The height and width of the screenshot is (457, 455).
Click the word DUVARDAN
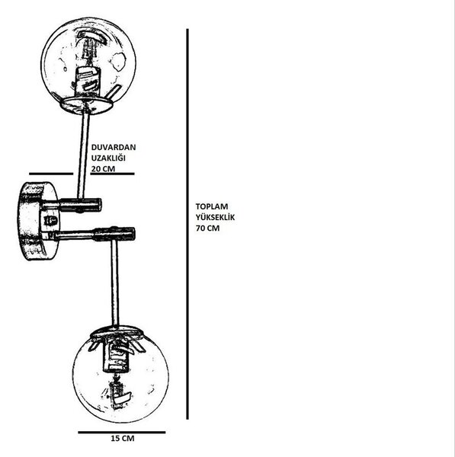[114, 147]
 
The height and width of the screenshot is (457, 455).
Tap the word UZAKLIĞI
[108, 158]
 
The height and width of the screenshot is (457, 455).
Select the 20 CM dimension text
[103, 169]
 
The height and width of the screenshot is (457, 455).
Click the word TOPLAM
[212, 206]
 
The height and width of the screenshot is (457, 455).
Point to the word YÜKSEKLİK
[215, 217]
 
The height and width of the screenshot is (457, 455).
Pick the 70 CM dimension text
[207, 228]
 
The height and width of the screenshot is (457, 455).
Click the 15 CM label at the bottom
[123, 439]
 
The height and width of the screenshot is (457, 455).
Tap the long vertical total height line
[187, 224]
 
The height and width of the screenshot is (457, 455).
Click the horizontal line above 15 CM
[122, 433]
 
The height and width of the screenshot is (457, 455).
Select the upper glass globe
[88, 61]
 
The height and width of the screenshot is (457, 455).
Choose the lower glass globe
[120, 376]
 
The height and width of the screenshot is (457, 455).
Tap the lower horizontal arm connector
[94, 234]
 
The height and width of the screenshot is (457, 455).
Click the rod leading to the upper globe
[83, 154]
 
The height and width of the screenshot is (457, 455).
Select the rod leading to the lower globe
[115, 283]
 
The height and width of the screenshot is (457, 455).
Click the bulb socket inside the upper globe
[88, 81]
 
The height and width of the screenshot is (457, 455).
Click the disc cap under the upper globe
[86, 105]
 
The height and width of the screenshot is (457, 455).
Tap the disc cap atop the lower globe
[117, 332]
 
